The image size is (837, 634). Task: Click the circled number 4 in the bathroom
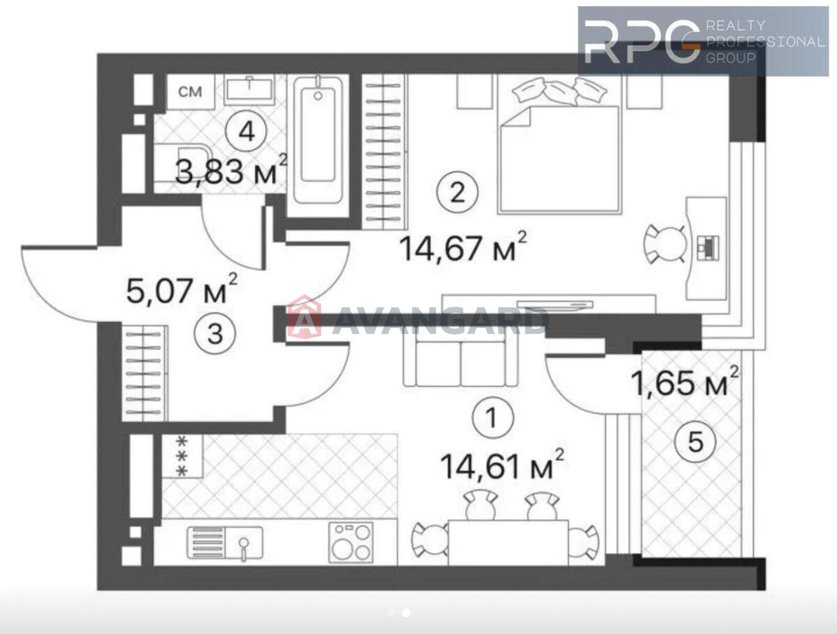click(x=246, y=132)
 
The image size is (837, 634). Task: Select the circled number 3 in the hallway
click(x=215, y=333)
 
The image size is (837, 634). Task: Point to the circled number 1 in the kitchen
click(x=492, y=418)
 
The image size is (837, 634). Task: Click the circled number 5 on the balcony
click(x=695, y=442)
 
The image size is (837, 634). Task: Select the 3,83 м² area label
click(x=231, y=170)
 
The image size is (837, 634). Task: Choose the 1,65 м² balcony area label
click(x=684, y=382)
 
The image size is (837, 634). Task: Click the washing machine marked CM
click(x=190, y=92)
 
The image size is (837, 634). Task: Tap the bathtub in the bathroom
click(x=318, y=139)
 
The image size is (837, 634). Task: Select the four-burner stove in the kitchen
click(x=351, y=542)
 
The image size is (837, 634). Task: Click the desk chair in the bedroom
click(x=665, y=244)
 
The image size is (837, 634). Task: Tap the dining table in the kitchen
click(x=508, y=542)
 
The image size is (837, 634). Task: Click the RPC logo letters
click(x=642, y=41)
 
